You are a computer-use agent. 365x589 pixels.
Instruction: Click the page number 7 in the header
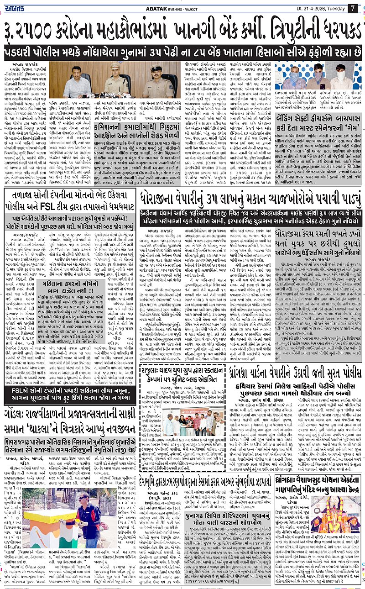pos(353,8)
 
